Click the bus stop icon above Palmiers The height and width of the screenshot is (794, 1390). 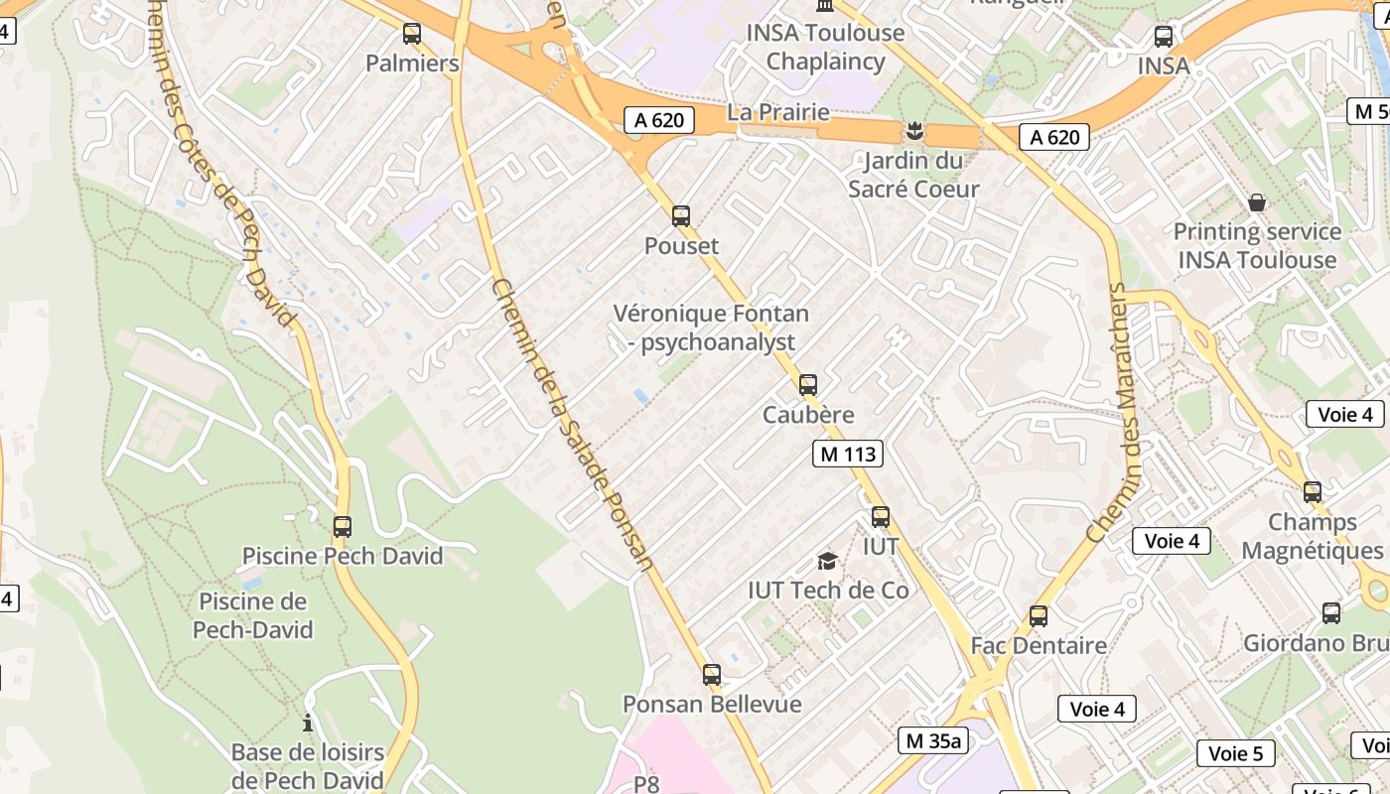412,34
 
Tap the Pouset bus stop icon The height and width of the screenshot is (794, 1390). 681,215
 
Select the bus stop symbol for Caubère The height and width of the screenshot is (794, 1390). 808,384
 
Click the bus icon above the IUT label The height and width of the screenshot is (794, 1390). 881,516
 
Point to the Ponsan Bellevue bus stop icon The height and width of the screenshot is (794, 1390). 712,675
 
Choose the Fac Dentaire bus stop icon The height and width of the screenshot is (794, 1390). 1039,615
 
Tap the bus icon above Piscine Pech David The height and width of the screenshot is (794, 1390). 343,526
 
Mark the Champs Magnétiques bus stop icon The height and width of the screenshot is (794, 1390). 1313,491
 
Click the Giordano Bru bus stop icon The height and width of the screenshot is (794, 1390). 1331,612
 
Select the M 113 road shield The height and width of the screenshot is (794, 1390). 847,455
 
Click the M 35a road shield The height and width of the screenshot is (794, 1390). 934,739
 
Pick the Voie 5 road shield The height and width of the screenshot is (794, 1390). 1235,753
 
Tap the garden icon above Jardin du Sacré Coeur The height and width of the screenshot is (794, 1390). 911,130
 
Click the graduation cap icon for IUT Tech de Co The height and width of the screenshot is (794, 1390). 827,562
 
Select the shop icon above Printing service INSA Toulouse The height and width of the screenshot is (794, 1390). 1257,202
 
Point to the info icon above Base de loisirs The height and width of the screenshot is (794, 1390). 308,723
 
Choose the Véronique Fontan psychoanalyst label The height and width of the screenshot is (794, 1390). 711,328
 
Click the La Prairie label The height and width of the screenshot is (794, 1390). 778,112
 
